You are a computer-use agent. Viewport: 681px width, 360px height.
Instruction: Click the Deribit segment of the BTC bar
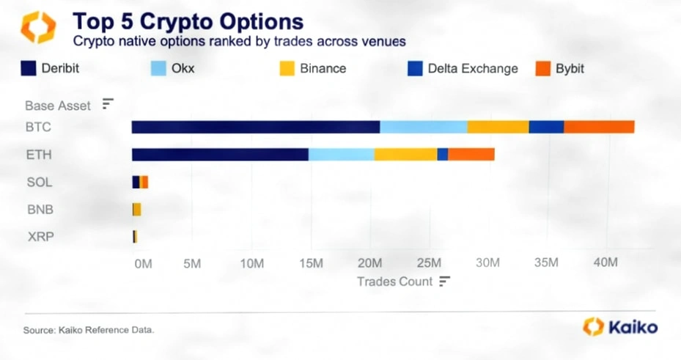(x=256, y=127)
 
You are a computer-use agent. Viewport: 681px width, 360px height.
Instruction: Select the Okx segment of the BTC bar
(x=424, y=127)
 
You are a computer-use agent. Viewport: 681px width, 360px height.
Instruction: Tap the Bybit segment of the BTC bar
(x=600, y=127)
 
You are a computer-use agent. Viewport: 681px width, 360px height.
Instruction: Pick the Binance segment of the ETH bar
(x=405, y=155)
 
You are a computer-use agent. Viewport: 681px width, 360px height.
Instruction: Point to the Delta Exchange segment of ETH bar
(x=443, y=155)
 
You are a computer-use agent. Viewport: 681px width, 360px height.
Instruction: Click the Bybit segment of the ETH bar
(x=471, y=155)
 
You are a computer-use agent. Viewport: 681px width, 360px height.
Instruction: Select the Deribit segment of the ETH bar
(x=220, y=155)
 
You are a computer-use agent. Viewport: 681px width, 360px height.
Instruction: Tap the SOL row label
(x=40, y=182)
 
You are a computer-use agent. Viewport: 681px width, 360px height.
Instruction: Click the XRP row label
(x=41, y=237)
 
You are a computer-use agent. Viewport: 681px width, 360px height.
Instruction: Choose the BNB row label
(x=40, y=209)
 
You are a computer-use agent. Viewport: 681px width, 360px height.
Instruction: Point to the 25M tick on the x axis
(x=429, y=262)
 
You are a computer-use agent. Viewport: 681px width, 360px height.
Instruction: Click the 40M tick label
(x=605, y=262)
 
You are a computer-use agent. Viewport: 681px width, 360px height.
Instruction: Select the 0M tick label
(x=144, y=264)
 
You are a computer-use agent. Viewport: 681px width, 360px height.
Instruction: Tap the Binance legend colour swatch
(x=287, y=69)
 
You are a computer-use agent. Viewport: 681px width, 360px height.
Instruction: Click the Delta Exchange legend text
(x=473, y=69)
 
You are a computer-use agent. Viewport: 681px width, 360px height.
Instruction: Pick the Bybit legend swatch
(x=543, y=69)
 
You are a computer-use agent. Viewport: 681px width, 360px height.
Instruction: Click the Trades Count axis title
(x=395, y=282)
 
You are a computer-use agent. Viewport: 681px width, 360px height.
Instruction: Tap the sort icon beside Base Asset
(x=108, y=104)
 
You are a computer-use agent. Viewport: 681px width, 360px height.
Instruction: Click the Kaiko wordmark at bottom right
(x=633, y=327)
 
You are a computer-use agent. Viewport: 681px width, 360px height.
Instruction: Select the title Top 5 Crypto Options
(x=188, y=21)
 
